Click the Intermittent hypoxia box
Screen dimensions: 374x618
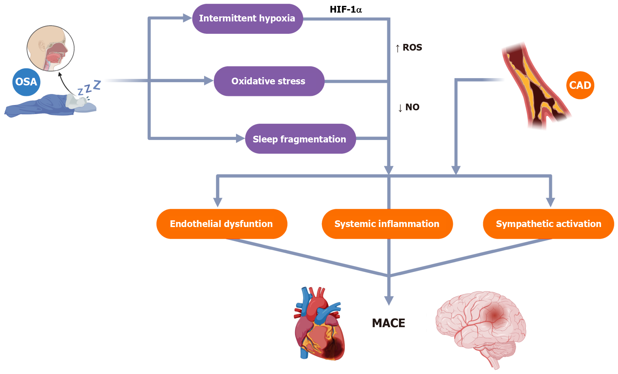point(247,19)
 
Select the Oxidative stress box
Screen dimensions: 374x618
point(269,81)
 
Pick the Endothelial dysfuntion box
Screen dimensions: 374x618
point(222,224)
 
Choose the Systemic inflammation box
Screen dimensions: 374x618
point(387,224)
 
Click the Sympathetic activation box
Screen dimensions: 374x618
point(548,224)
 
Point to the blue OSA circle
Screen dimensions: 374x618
point(26,82)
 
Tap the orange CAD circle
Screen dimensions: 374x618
point(580,85)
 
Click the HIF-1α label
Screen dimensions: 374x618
point(346,10)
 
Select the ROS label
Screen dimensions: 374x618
point(412,48)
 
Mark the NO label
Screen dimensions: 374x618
point(412,107)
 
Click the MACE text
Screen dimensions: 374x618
point(388,323)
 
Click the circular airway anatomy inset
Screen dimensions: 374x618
point(51,48)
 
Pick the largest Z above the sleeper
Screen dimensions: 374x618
point(97,85)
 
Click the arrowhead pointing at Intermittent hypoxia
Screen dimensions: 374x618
point(187,18)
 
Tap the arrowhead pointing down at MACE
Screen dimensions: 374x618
point(389,300)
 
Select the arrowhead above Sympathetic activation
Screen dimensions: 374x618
point(550,202)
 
